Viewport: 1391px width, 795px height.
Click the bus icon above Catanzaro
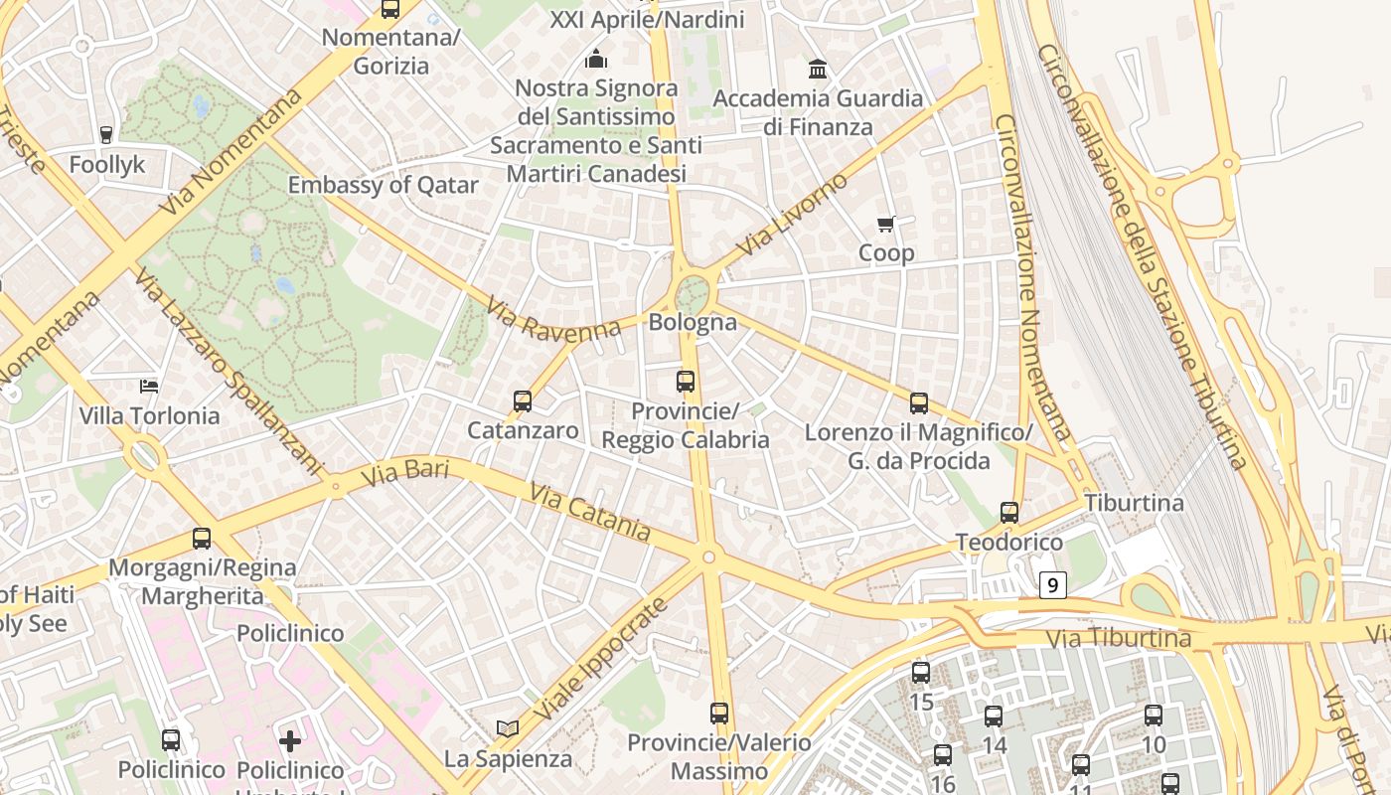(x=523, y=401)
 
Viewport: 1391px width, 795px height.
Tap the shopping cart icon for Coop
(x=885, y=225)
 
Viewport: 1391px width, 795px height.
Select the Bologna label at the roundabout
(x=693, y=322)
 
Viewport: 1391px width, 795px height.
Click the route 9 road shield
(x=1053, y=585)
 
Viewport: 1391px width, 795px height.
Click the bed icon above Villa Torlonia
(x=149, y=386)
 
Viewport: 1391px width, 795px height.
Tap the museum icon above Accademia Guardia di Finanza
(x=818, y=69)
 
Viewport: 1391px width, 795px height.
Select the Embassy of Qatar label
(x=383, y=185)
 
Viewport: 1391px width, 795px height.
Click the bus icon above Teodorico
(x=1009, y=513)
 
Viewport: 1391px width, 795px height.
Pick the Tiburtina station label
(x=1134, y=503)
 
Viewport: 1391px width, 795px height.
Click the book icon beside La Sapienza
(x=508, y=729)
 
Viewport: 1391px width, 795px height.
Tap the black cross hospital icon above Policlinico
(x=290, y=740)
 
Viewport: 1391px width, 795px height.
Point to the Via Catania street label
(x=590, y=513)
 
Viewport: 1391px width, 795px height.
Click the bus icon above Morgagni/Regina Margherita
(x=202, y=539)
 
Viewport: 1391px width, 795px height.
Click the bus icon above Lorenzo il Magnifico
(x=919, y=403)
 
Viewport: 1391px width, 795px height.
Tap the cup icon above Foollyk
(x=106, y=134)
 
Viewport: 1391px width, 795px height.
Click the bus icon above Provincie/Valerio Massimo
(x=719, y=714)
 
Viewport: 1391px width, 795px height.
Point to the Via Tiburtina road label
(x=1119, y=637)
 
